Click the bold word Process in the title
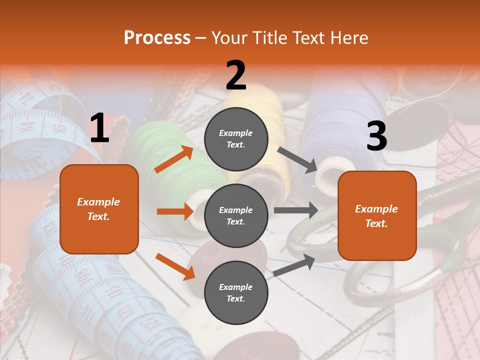click(157, 38)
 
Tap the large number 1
click(99, 128)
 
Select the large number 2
click(236, 75)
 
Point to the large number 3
click(376, 136)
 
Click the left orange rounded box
click(99, 209)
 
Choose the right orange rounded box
click(377, 216)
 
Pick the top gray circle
click(236, 139)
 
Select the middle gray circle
click(236, 215)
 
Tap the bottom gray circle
click(236, 292)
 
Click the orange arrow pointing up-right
click(174, 159)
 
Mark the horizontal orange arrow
click(175, 211)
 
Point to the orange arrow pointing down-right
click(175, 266)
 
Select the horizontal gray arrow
click(296, 210)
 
